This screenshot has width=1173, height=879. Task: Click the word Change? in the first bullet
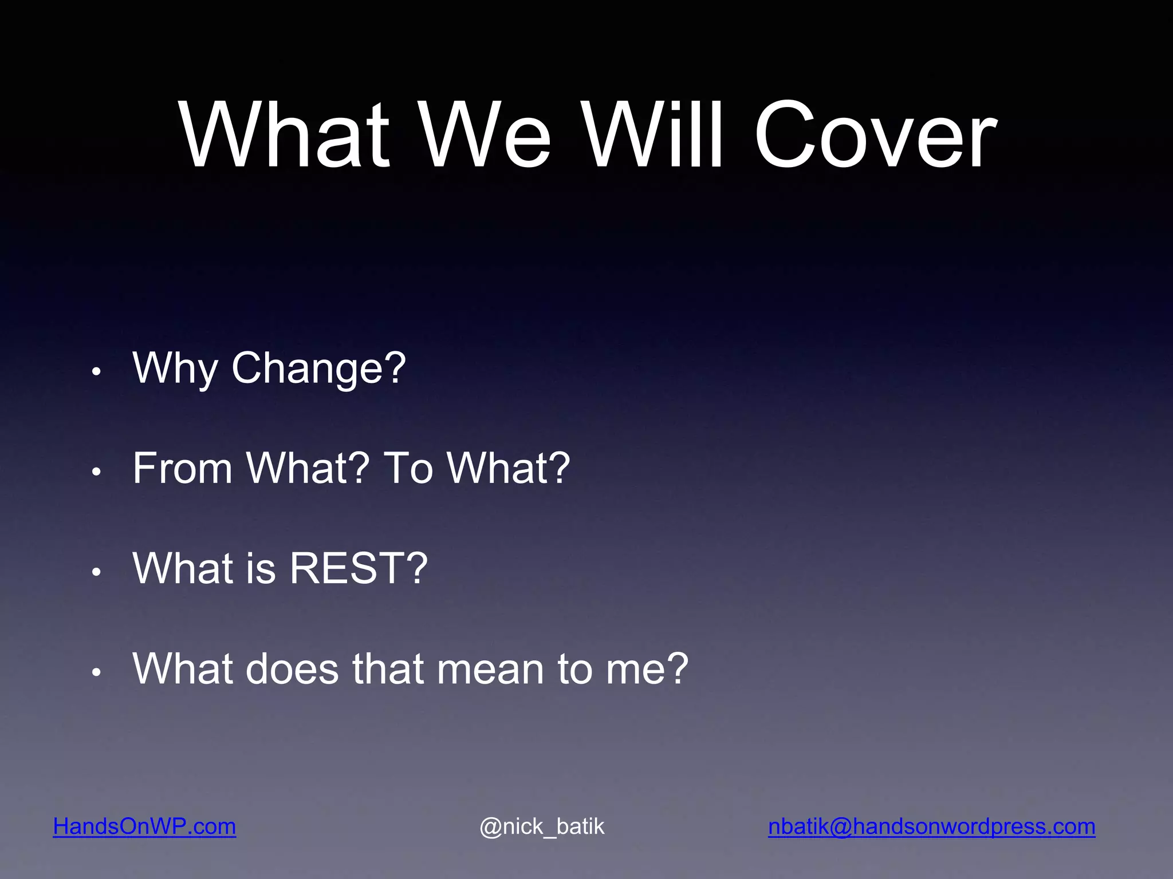[318, 367]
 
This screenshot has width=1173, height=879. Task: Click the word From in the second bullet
[182, 468]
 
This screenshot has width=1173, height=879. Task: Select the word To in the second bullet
[407, 468]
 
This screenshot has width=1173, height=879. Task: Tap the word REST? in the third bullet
[359, 568]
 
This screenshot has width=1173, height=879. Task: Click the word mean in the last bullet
[490, 668]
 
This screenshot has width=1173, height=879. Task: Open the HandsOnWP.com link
[144, 826]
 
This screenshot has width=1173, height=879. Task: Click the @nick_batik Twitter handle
[542, 826]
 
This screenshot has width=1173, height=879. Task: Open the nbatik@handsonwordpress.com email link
[931, 826]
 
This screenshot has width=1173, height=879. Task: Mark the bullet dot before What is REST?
[96, 572]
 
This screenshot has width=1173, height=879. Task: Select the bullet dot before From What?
[96, 472]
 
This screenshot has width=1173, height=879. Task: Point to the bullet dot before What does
[96, 672]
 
